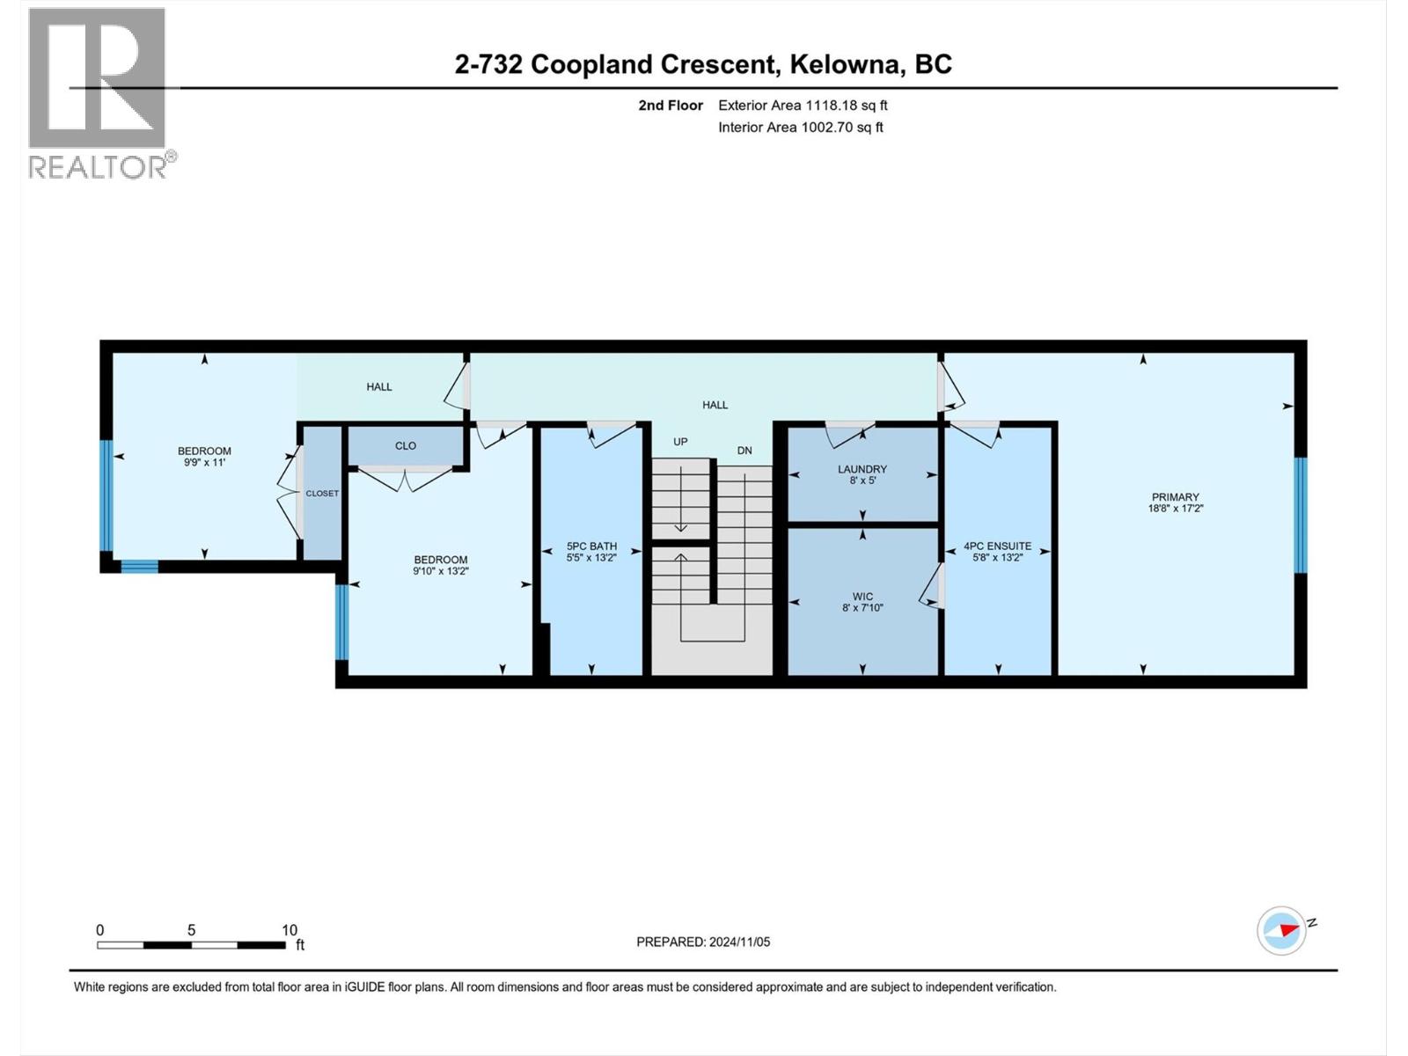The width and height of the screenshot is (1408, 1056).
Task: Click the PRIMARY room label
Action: (x=1175, y=497)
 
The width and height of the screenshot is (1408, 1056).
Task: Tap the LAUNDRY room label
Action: (x=862, y=470)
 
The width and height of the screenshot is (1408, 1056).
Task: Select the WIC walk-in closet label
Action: (x=862, y=597)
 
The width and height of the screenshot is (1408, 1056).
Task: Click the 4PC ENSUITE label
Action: (x=997, y=546)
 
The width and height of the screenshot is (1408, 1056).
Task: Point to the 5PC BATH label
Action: (x=591, y=546)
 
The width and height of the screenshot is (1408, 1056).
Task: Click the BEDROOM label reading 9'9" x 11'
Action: (x=204, y=451)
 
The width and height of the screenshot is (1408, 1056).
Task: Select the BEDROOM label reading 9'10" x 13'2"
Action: (x=441, y=560)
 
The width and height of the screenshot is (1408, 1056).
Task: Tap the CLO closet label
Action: (x=406, y=446)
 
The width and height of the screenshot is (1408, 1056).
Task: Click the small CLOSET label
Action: (x=322, y=494)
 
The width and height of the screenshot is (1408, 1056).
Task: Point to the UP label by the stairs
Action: (x=680, y=442)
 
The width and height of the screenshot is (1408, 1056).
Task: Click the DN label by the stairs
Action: (x=744, y=451)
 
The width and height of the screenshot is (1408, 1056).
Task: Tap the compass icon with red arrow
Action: (x=1281, y=930)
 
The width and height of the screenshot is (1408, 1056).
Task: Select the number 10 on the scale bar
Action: (x=290, y=930)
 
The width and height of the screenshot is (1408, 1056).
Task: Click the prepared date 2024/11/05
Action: (x=737, y=942)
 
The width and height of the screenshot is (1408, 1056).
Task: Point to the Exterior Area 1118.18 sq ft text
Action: (x=803, y=106)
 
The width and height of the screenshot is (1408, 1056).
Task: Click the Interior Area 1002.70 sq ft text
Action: (x=800, y=128)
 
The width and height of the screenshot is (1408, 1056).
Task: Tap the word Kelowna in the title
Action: (x=845, y=64)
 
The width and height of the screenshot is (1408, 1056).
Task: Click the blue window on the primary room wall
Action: (x=1300, y=515)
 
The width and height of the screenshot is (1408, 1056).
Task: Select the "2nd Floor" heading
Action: (x=671, y=106)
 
